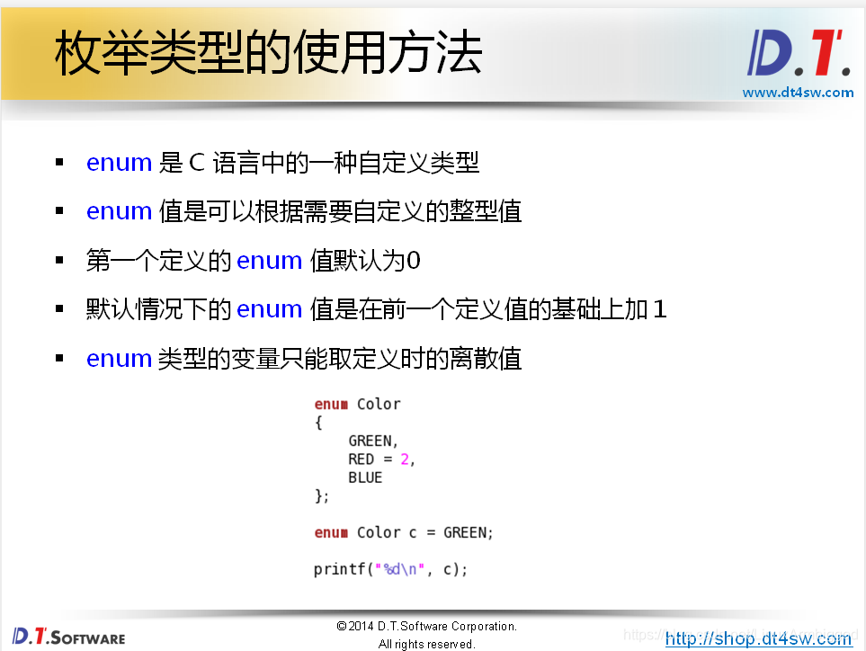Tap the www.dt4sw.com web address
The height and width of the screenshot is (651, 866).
click(x=798, y=92)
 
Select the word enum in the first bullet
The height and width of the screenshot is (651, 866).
click(x=119, y=163)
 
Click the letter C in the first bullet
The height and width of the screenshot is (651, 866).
click(x=198, y=163)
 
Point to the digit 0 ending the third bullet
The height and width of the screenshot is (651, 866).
click(x=414, y=261)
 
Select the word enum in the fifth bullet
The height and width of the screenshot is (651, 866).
click(x=119, y=359)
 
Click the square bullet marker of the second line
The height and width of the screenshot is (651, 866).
click(x=59, y=211)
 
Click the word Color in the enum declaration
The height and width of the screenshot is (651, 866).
click(x=379, y=404)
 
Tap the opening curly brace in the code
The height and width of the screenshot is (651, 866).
click(x=318, y=423)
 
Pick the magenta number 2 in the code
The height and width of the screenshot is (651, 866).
click(x=405, y=459)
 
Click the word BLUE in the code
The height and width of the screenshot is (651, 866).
click(x=365, y=477)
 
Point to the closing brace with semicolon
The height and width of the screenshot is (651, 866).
click(x=321, y=496)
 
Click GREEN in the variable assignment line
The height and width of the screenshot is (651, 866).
click(x=466, y=532)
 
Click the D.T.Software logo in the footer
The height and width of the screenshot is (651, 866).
click(x=68, y=637)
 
